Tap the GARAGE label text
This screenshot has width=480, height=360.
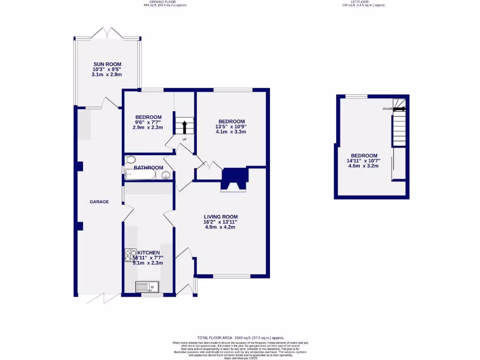(x=99, y=202)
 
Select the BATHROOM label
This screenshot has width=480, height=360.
(x=148, y=168)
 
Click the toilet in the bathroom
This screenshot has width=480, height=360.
(x=130, y=160)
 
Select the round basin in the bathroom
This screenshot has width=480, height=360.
(x=166, y=176)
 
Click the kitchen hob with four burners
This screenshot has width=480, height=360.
(x=130, y=255)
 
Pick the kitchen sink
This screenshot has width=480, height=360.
(x=147, y=285)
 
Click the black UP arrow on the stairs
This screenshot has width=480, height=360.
(x=184, y=127)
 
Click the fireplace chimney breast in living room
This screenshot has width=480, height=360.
(x=233, y=180)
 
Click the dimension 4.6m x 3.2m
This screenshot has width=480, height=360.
(x=364, y=166)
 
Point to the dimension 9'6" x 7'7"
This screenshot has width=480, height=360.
(x=148, y=122)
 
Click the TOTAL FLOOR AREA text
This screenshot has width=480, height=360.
(x=240, y=338)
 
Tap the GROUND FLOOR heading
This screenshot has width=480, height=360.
(x=165, y=2)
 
